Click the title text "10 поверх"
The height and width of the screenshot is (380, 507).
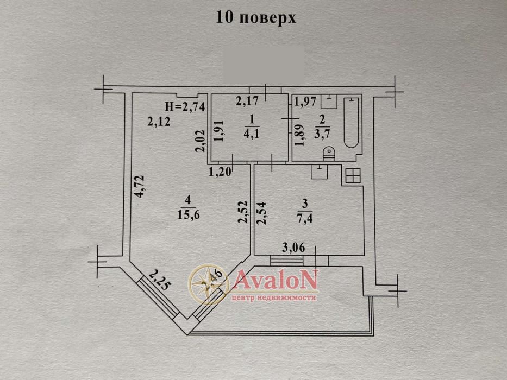click(x=256, y=17)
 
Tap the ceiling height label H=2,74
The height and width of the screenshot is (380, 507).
click(x=185, y=107)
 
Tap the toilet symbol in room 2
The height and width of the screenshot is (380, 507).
click(x=328, y=154)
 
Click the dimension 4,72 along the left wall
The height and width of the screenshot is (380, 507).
click(x=140, y=186)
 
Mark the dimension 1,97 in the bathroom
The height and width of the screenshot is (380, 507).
click(x=305, y=100)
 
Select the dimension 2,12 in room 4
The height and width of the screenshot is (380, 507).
click(x=159, y=122)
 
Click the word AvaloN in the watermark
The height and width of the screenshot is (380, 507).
click(x=275, y=281)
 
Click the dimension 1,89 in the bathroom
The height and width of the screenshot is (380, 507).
click(x=298, y=134)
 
